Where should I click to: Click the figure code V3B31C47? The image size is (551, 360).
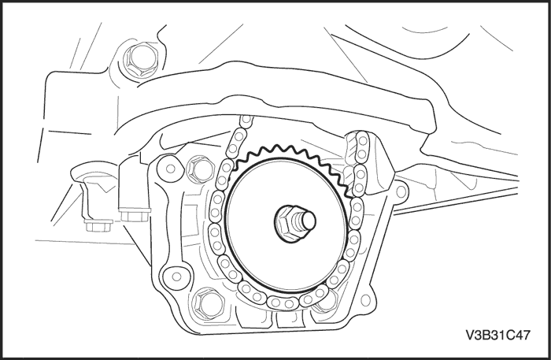[x=497, y=335]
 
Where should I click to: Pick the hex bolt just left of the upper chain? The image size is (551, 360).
[x=200, y=169]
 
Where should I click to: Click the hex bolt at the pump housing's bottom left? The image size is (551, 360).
[x=208, y=304]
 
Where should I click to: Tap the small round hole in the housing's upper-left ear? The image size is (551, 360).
[x=171, y=169]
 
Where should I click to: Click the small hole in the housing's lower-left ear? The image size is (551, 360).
[x=176, y=277]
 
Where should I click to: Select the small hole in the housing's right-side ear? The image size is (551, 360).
[x=400, y=192]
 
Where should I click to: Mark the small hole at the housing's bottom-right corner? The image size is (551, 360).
[x=365, y=300]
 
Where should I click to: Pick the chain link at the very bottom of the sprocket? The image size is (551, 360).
[x=282, y=302]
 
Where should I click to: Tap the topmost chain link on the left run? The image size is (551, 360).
[x=246, y=121]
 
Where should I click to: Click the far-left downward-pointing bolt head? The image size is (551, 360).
[x=98, y=225]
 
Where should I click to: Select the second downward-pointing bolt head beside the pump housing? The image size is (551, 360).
[x=135, y=215]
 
